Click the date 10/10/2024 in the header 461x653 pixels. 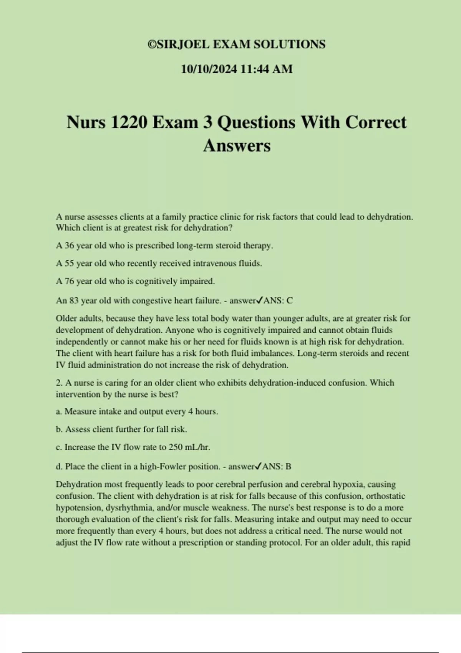[x=209, y=69]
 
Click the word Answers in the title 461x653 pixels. [x=237, y=146]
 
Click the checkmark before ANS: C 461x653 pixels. [x=260, y=300]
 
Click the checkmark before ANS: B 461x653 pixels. [x=259, y=466]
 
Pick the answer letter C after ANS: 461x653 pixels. [x=290, y=301]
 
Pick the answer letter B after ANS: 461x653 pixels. [x=289, y=467]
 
